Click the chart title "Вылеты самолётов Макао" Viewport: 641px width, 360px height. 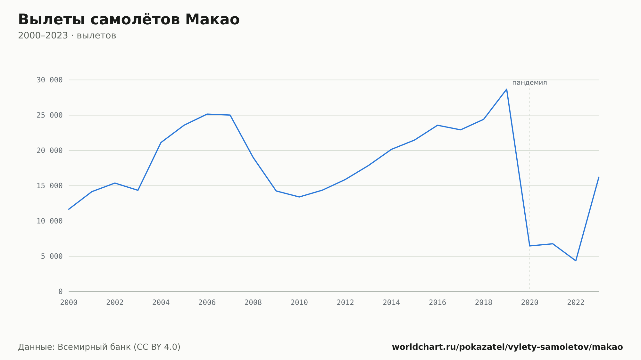coord(129,20)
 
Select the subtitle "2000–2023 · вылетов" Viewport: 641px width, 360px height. coord(67,36)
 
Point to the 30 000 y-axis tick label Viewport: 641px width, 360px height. coord(49,80)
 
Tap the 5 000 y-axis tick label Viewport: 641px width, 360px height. coord(52,256)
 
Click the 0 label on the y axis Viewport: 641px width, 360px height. coord(61,291)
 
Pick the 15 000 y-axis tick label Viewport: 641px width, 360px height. coord(49,186)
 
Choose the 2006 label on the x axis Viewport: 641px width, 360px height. coord(207,302)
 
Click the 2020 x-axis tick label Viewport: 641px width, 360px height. coord(530,302)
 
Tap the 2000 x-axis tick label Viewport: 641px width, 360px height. coord(69,302)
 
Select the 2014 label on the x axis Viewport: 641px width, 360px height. coord(391,302)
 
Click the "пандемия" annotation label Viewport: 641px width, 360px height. coord(529,83)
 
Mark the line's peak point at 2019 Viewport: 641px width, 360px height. coord(507,89)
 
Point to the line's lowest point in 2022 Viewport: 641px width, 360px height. coord(576,261)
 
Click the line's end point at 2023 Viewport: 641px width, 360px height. coord(599,177)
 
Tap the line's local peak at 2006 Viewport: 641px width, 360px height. coord(207,114)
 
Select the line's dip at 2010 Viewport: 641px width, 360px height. coord(299,197)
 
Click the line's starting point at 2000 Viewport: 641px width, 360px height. coord(69,209)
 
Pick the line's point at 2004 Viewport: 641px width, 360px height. coord(161,143)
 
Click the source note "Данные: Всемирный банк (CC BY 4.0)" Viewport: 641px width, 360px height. coord(99,347)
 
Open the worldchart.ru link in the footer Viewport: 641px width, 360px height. coord(507,347)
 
